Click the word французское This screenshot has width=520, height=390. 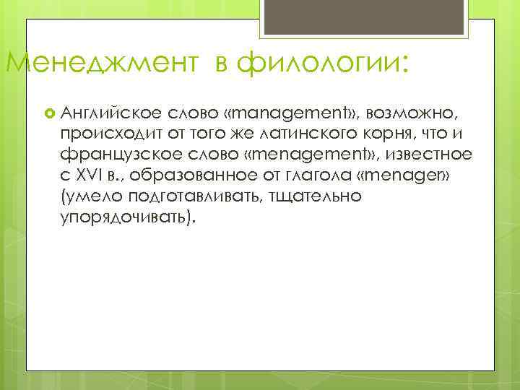point(119,153)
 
